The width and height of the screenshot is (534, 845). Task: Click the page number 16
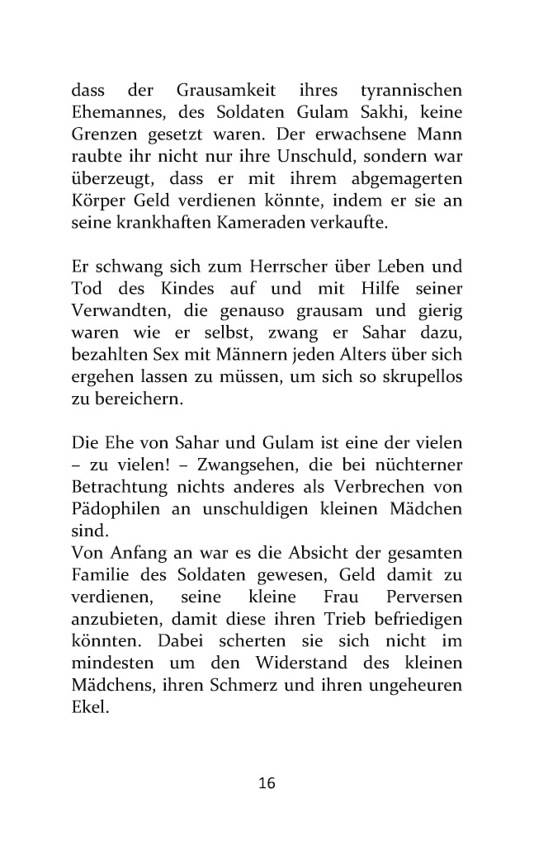pyautogui.click(x=267, y=783)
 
